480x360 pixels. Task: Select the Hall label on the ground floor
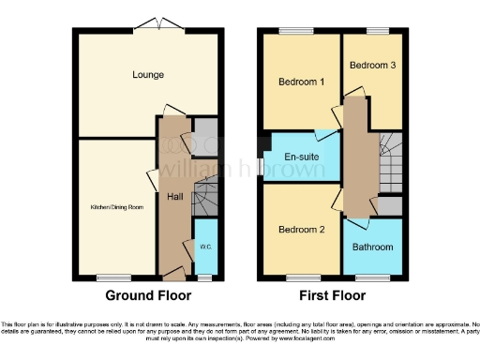click(x=174, y=197)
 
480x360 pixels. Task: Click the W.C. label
click(x=205, y=247)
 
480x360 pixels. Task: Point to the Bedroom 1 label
click(x=301, y=82)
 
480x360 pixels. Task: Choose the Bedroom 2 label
click(x=301, y=229)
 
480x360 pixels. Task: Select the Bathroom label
click(x=372, y=247)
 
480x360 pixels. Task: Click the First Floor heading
click(x=332, y=295)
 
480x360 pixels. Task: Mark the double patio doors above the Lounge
click(x=151, y=23)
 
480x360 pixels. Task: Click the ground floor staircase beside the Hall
click(x=205, y=197)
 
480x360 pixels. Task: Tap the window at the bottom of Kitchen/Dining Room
click(x=113, y=277)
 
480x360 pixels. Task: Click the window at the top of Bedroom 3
click(x=378, y=31)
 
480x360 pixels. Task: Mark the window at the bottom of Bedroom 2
click(x=301, y=277)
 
